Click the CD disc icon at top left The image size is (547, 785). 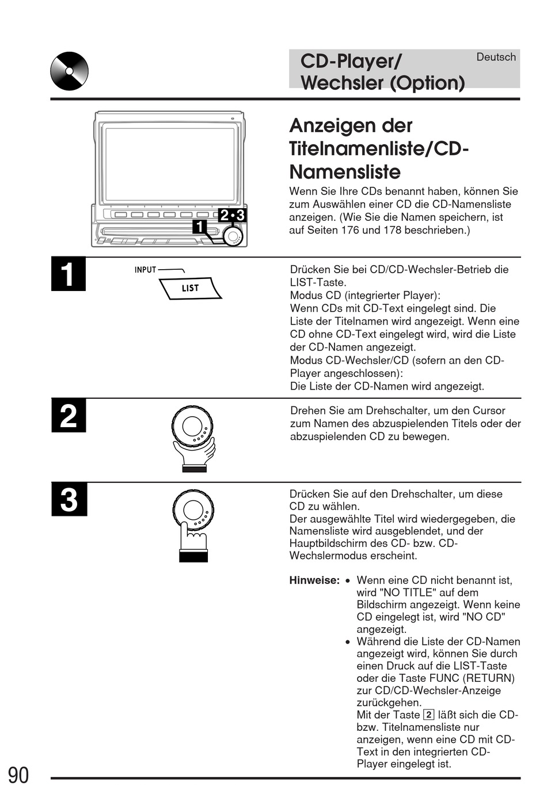coord(69,71)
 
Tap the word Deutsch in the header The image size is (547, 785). coord(496,57)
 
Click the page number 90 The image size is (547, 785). coord(18,775)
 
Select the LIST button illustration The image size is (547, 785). coord(191,288)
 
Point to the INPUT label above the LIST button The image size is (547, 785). coord(145,270)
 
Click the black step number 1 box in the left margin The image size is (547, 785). coord(68,274)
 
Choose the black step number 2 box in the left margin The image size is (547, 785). coord(68,416)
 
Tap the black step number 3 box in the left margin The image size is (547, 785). coord(69,499)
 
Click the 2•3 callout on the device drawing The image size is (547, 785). coord(232,215)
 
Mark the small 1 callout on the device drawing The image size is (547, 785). coord(199,227)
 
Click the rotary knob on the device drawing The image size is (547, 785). coord(233,236)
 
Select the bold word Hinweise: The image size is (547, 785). coord(314,580)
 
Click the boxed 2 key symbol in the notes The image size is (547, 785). coord(428,715)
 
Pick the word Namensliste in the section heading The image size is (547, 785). coord(345,172)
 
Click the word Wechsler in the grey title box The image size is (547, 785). coord(341,83)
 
